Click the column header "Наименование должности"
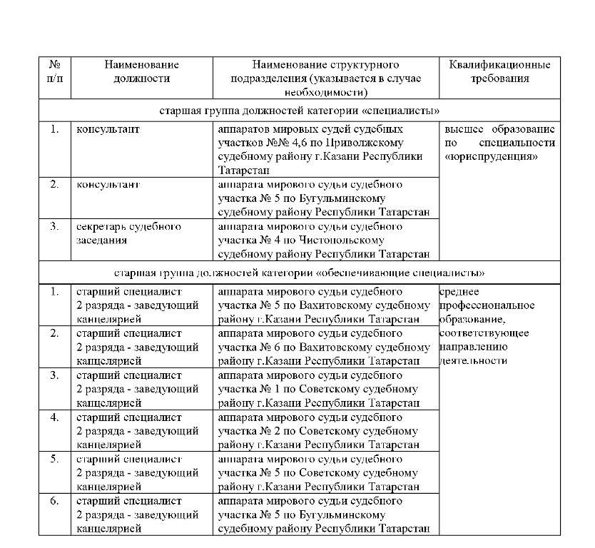[x=141, y=71]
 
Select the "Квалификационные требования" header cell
[x=499, y=71]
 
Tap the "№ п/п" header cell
[x=54, y=71]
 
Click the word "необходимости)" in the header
[x=325, y=92]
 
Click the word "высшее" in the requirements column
[x=462, y=129]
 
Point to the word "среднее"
[x=460, y=292]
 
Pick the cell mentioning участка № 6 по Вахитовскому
[x=325, y=347]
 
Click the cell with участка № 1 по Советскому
[x=325, y=389]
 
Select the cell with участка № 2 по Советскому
[x=325, y=431]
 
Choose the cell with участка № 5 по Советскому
[x=325, y=472]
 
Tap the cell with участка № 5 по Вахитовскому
[x=325, y=305]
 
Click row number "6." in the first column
[x=54, y=502]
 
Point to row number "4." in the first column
[x=54, y=417]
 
